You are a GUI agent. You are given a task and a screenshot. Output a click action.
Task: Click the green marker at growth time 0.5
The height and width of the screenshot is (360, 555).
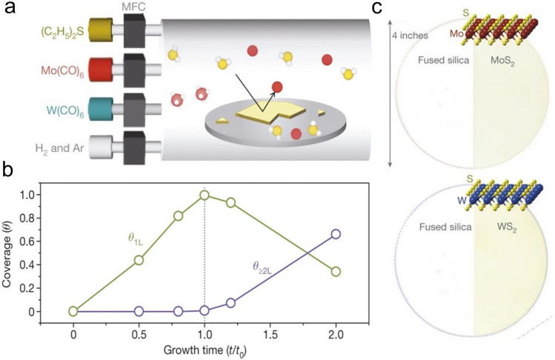(x=139, y=260)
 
